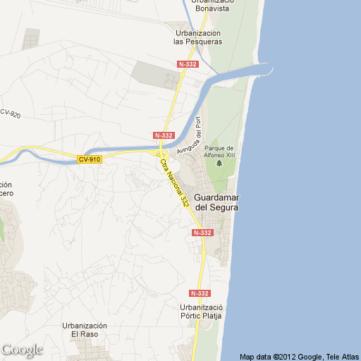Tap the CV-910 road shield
[90, 159]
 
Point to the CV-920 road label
[9, 114]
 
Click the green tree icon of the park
[219, 164]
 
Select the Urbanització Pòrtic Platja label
[201, 312]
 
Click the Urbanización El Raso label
[84, 330]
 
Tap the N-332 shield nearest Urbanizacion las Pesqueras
[188, 64]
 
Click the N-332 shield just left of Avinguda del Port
[163, 135]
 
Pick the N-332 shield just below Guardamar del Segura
[202, 232]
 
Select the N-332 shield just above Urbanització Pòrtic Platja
[200, 293]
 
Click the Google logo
[22, 350]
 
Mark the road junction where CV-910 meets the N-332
[161, 153]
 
